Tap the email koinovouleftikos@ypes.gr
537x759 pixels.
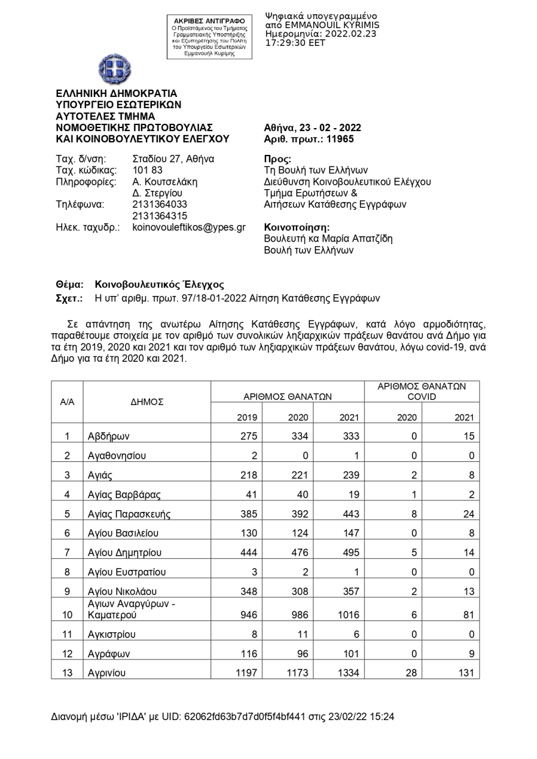pyautogui.click(x=189, y=227)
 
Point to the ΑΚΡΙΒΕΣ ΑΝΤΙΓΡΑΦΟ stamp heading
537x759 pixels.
pyautogui.click(x=210, y=21)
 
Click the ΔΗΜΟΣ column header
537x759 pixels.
pyautogui.click(x=146, y=402)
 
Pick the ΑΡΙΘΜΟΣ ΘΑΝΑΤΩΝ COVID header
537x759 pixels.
pyautogui.click(x=422, y=391)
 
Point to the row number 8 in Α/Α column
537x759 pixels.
pyautogui.click(x=67, y=572)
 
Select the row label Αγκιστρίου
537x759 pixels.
pyautogui.click(x=112, y=634)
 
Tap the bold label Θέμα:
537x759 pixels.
pyautogui.click(x=70, y=284)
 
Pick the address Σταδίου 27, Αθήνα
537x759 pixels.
pyautogui.click(x=173, y=159)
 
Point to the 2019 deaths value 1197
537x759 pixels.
pyautogui.click(x=246, y=673)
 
